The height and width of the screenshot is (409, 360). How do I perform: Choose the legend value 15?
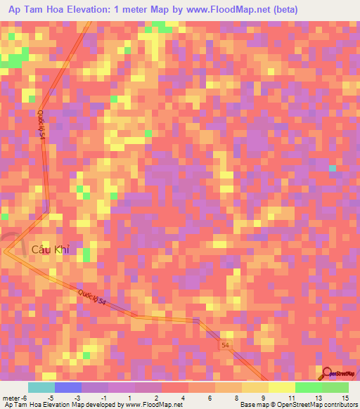point(345,398)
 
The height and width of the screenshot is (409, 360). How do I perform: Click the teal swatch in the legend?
point(41,387)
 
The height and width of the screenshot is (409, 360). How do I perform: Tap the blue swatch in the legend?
point(68,387)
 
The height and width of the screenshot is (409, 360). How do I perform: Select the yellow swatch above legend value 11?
point(282,387)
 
